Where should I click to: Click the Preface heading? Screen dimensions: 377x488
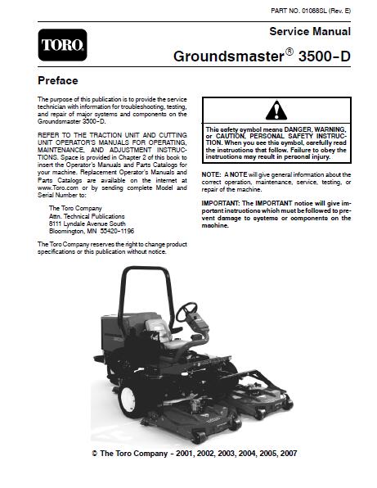pyautogui.click(x=58, y=81)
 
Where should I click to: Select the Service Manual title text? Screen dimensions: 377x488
pyautogui.click(x=310, y=32)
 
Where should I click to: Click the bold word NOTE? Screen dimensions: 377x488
pyautogui.click(x=211, y=175)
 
